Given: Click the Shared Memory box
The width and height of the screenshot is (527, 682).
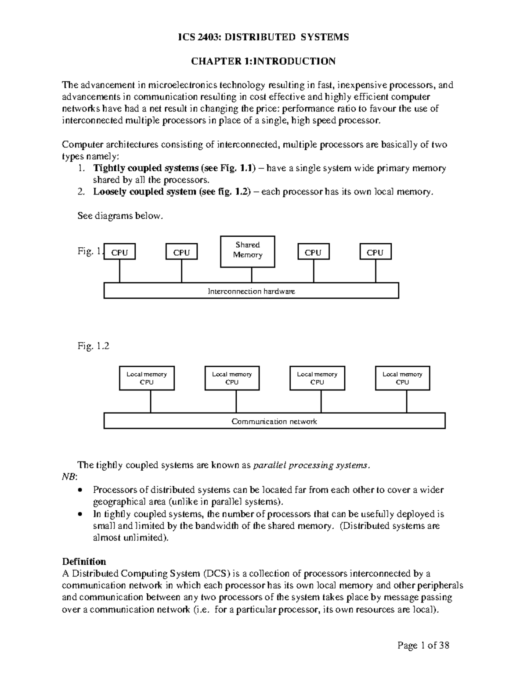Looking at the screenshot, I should click(x=247, y=251).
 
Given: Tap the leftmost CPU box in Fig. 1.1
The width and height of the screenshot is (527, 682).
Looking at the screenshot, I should click(x=119, y=253).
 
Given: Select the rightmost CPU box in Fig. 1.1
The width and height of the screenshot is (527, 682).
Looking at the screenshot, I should click(x=375, y=253).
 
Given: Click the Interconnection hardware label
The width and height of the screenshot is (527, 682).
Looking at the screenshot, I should click(x=251, y=291).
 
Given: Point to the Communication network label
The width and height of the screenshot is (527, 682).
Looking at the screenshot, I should click(x=274, y=422).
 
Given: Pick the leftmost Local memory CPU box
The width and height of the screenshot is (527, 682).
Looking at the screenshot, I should click(x=147, y=378).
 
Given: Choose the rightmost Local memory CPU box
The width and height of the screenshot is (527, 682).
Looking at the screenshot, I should click(x=402, y=378).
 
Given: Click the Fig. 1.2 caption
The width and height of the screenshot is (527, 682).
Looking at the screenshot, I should click(x=93, y=346).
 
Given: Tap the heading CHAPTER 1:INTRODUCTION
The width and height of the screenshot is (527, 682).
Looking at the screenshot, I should click(x=263, y=61).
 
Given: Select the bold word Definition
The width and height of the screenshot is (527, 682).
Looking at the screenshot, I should click(x=84, y=562).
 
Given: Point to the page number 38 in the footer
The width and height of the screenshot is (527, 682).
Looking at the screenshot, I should click(x=444, y=645).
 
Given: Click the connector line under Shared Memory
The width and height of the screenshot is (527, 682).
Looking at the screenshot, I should click(x=252, y=275).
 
